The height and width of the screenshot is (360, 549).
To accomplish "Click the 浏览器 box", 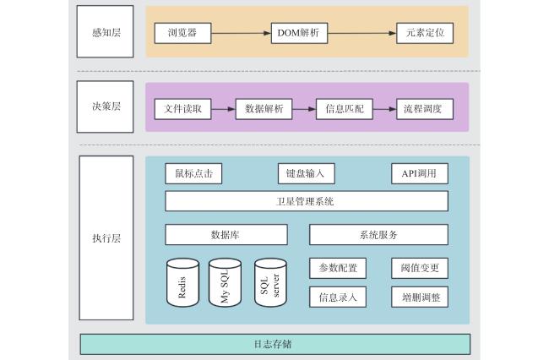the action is (182, 33).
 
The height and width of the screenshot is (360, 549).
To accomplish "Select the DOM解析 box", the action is (299, 33).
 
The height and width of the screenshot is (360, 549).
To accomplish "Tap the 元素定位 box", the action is (425, 33).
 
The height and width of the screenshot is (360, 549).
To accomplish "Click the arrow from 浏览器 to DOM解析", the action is (242, 33).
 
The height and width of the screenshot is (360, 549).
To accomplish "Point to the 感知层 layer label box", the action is (105, 31).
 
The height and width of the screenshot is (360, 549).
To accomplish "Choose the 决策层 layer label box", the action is (105, 106).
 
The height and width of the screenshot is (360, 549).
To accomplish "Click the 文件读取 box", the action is (182, 109).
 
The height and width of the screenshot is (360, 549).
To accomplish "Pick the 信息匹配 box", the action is (345, 109).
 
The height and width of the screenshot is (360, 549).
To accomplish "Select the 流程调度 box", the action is (425, 109).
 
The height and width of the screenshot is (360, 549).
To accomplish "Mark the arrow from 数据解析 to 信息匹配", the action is (304, 109).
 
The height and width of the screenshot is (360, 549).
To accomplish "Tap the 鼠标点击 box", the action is (193, 173).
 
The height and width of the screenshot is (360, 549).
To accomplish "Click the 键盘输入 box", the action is (307, 173).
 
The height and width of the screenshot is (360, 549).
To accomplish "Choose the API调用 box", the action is (420, 173).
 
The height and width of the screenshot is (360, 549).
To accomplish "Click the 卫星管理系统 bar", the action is (307, 201).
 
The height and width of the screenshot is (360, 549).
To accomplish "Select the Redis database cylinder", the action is (182, 282).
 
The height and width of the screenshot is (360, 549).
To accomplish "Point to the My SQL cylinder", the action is (225, 282).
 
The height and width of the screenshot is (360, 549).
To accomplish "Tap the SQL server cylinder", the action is (270, 282).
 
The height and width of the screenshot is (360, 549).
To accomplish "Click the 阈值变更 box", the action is (420, 268).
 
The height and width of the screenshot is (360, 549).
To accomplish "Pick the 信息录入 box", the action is (338, 297).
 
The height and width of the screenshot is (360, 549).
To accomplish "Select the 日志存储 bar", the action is (275, 344).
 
